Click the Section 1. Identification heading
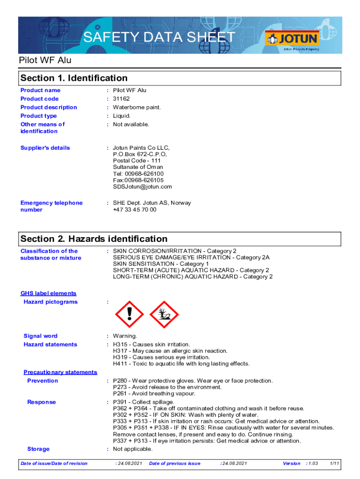(74, 78)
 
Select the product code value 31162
(122, 99)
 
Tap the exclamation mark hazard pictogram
(130, 314)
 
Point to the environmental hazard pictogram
(164, 314)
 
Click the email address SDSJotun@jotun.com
(142, 187)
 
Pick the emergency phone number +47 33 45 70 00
(135, 210)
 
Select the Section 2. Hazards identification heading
(94, 239)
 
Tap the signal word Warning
(125, 336)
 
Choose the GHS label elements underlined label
(48, 293)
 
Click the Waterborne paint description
(137, 107)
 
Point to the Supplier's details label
(45, 148)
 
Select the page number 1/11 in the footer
(334, 464)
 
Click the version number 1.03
(313, 464)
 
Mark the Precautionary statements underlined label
(60, 372)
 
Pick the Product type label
(39, 116)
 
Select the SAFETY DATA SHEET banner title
(159, 37)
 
